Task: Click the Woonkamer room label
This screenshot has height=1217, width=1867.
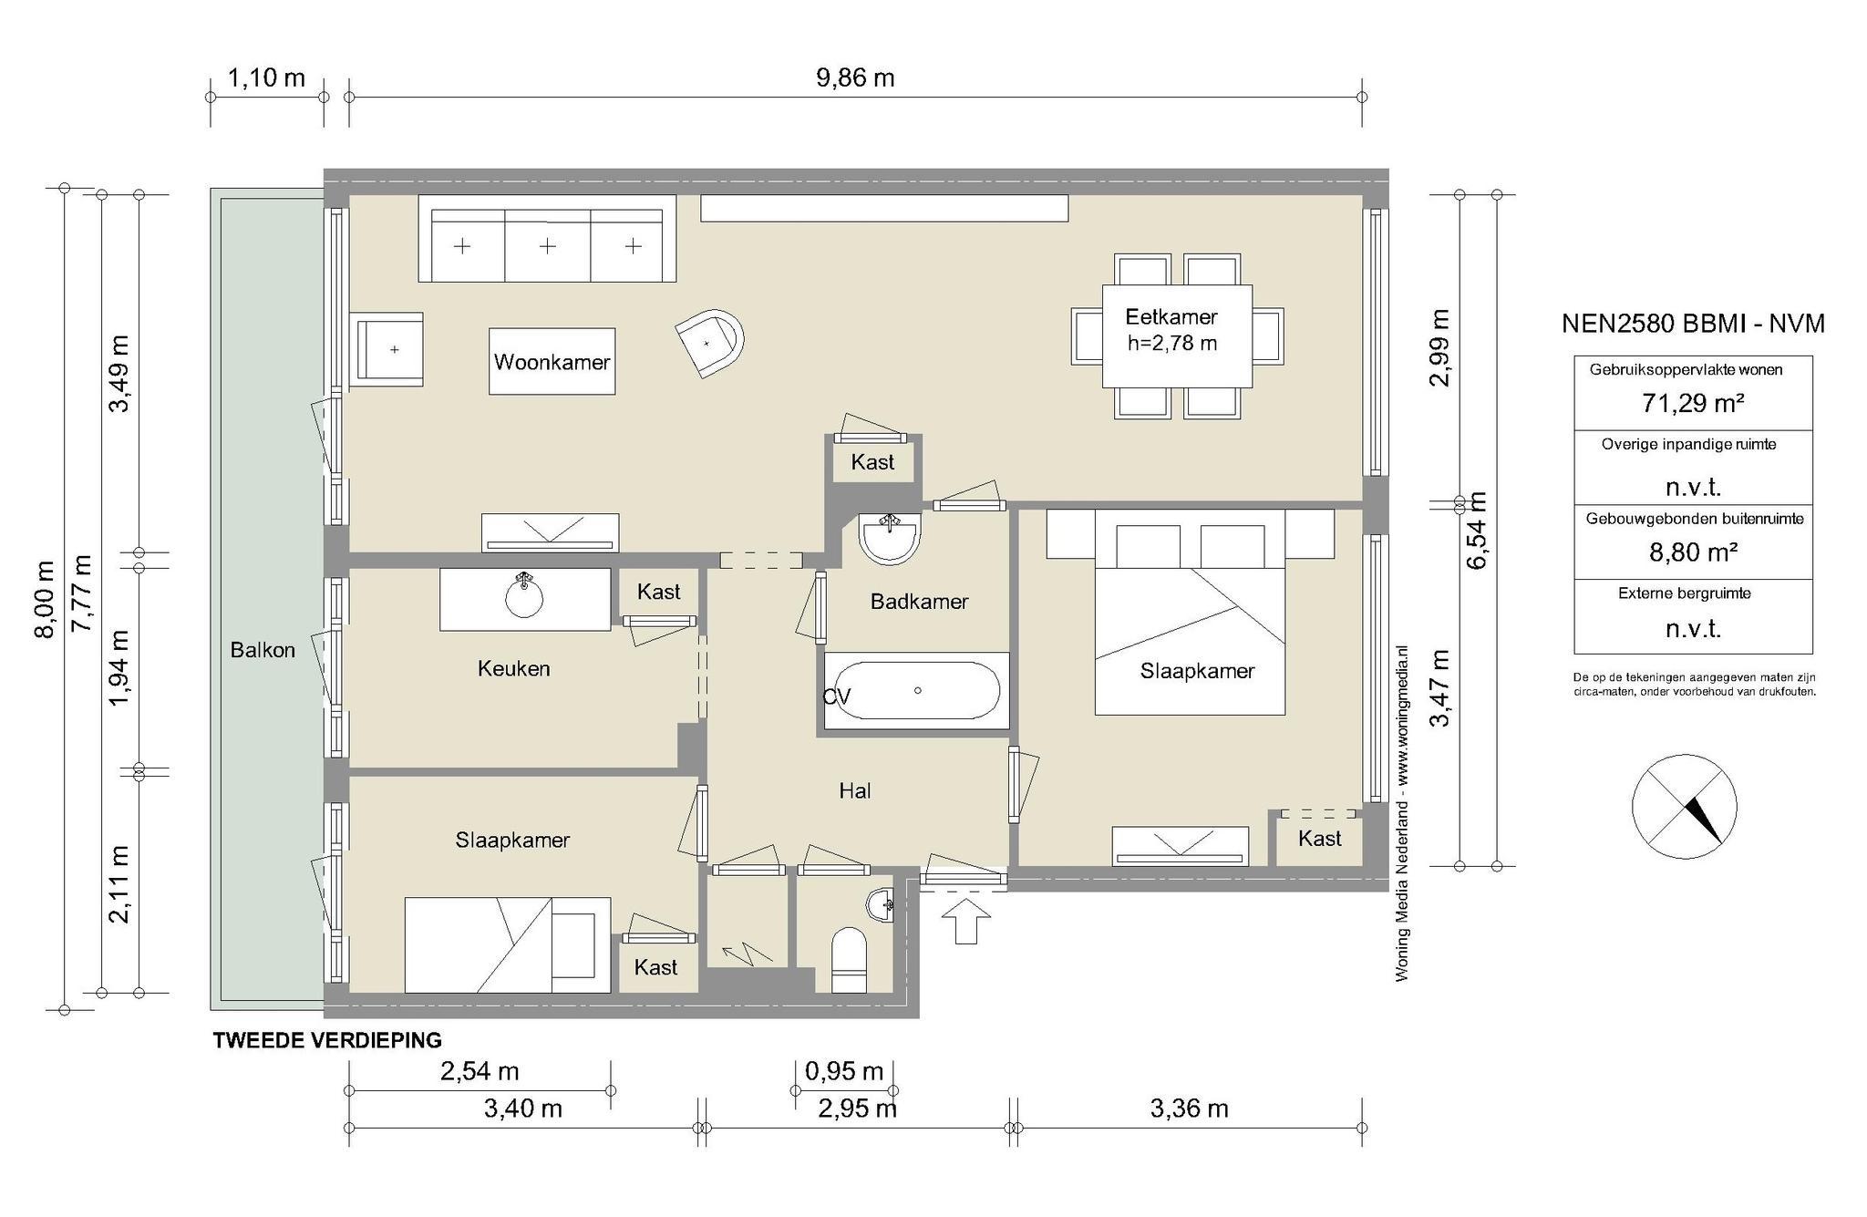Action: (x=552, y=362)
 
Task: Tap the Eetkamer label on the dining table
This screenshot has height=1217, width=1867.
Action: (x=1171, y=317)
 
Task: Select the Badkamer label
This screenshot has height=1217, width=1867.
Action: (x=919, y=602)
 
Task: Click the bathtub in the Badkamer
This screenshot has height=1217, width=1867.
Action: (x=917, y=690)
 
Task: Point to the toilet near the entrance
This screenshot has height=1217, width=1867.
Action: (x=849, y=960)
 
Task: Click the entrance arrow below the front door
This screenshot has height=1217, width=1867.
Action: (x=965, y=921)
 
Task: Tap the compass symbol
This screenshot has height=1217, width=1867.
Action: (x=1684, y=807)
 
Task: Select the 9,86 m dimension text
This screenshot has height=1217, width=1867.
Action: (x=855, y=78)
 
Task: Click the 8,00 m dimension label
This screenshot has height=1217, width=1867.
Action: (x=46, y=599)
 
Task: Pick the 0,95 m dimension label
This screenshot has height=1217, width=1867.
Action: (x=844, y=1071)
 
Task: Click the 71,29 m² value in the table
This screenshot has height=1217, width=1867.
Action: (x=1693, y=403)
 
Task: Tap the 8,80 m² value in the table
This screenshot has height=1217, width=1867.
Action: (x=1693, y=552)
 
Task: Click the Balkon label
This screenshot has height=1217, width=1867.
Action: (x=263, y=650)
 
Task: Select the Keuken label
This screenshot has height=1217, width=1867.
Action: (x=514, y=669)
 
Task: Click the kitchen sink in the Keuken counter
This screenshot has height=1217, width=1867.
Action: (x=524, y=596)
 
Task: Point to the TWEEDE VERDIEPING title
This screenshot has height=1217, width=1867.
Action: (x=327, y=1040)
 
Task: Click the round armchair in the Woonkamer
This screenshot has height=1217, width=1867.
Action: (x=711, y=341)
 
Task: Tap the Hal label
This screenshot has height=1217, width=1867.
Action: (x=855, y=791)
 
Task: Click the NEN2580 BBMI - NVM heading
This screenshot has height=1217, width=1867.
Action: (x=1693, y=324)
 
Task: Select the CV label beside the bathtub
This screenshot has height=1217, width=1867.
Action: (x=837, y=697)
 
